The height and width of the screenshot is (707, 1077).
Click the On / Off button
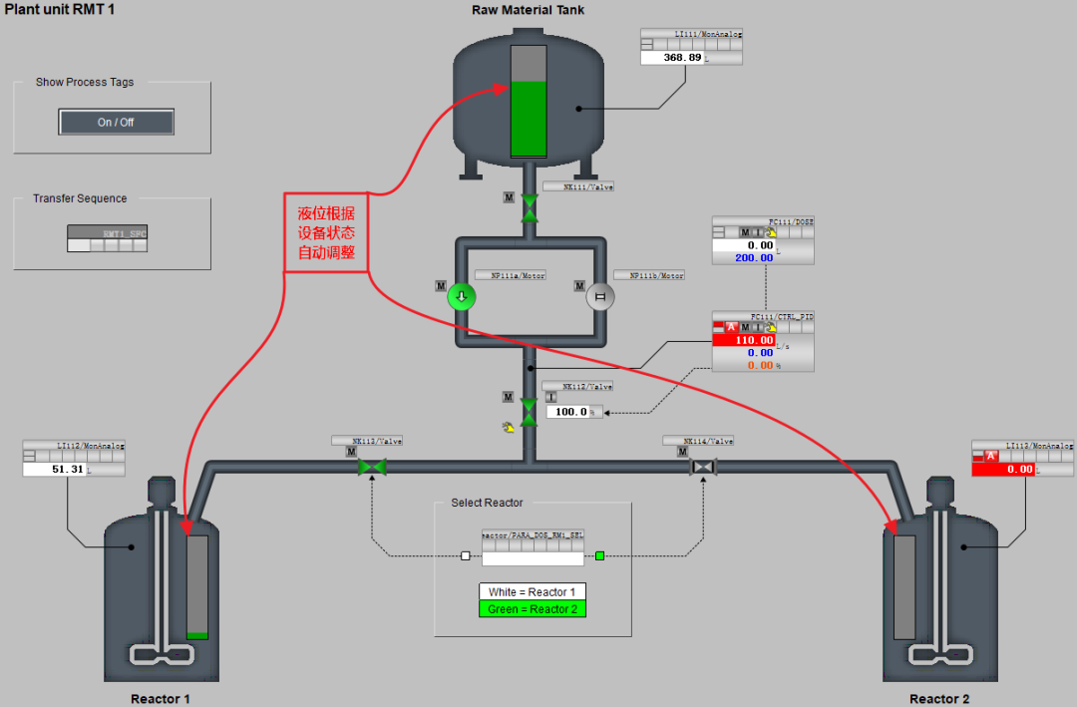click(116, 122)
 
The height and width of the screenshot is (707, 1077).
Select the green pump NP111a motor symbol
click(461, 296)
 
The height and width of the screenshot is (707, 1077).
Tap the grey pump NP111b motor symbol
click(599, 296)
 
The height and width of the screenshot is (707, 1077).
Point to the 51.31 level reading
click(55, 469)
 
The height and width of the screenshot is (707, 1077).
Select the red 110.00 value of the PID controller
click(743, 340)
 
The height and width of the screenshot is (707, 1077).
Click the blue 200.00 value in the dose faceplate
click(743, 257)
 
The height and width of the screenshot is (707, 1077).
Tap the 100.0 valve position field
click(573, 411)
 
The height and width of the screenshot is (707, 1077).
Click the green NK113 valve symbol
click(372, 467)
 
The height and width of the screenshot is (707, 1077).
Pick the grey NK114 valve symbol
click(704, 467)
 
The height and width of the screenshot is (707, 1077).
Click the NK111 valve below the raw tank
click(530, 208)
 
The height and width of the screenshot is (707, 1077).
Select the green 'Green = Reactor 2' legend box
click(533, 609)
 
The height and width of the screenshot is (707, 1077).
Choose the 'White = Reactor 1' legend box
click(533, 592)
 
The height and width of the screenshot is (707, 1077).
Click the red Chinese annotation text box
click(326, 232)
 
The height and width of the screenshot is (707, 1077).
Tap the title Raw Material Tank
click(528, 10)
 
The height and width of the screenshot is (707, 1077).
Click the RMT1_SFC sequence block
click(108, 238)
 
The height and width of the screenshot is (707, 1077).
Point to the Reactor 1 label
click(160, 699)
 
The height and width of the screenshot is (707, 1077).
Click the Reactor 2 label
click(938, 699)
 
